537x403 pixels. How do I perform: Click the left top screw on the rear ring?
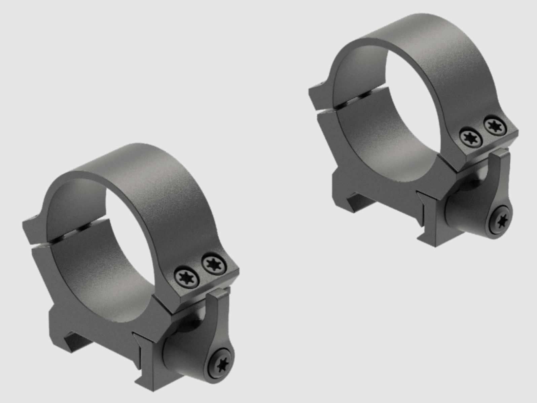[x=469, y=137]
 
